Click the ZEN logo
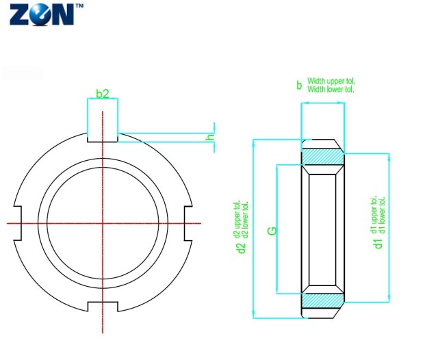coord(42,14)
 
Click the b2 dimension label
coord(102,93)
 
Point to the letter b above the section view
coord(298,86)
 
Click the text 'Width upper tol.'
coord(331,81)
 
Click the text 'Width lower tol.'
coord(331,89)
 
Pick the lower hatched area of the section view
coord(322,300)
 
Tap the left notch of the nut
coord(18,222)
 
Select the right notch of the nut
coord(187,222)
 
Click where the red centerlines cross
coord(103,222)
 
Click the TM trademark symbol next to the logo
coord(79,5)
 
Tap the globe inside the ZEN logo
coord(40,15)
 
